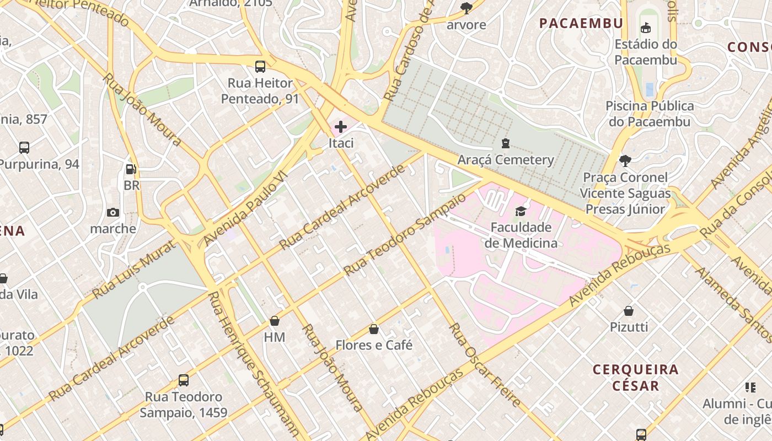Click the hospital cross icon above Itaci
coord(341,127)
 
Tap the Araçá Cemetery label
coord(506,160)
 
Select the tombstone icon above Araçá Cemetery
coord(505,144)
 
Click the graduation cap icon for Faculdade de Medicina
coord(521,211)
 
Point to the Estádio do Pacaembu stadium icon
coord(646,28)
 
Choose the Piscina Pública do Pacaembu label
coord(650,114)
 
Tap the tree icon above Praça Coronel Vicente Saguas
coord(625,161)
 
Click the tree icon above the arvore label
coord(467,8)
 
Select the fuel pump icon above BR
coord(131,169)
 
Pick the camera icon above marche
coord(113,212)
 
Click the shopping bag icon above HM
coord(275,321)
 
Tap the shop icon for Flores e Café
coord(374,329)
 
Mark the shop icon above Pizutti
coord(629,311)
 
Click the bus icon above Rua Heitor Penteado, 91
coord(260,67)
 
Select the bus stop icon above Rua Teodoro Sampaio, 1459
coord(184,380)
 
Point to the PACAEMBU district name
coord(581,23)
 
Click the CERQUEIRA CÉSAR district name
coord(636,377)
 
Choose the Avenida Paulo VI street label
coord(245,208)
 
